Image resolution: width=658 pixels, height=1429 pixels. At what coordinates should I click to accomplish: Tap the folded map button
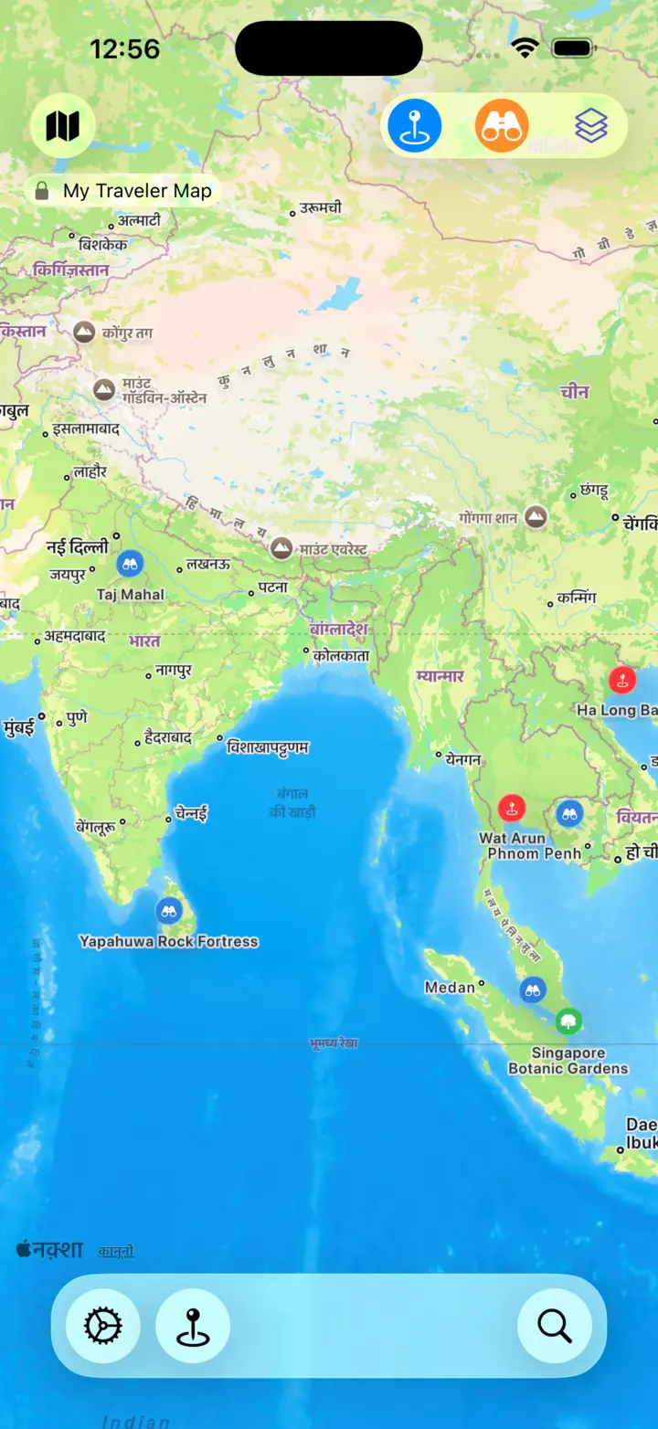(x=62, y=126)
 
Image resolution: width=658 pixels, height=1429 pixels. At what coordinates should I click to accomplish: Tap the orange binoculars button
(x=502, y=126)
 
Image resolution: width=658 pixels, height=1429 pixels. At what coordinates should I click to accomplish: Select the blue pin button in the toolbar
(x=415, y=126)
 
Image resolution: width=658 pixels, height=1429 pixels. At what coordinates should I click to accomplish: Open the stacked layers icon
(x=591, y=126)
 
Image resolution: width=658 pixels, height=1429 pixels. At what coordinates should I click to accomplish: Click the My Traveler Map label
(x=137, y=191)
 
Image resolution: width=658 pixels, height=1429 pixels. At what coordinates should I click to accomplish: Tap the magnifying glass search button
(x=555, y=1325)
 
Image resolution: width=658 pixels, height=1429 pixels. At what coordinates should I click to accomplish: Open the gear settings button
(x=103, y=1325)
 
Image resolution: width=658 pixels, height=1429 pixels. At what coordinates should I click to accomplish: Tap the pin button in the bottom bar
(x=193, y=1325)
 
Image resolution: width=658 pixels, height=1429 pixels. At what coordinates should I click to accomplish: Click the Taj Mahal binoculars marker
(x=131, y=564)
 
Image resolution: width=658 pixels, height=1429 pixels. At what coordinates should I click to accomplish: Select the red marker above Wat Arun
(x=512, y=808)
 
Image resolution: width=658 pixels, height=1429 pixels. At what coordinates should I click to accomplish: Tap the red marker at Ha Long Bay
(x=622, y=680)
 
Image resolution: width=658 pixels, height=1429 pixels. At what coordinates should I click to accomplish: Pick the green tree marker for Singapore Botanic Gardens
(x=568, y=1021)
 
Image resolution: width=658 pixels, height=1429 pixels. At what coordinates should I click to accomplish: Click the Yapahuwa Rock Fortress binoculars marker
(x=168, y=910)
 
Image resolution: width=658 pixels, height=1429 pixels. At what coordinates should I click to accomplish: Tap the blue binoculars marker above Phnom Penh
(x=569, y=813)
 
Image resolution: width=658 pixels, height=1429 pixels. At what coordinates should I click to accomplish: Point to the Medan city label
(x=451, y=987)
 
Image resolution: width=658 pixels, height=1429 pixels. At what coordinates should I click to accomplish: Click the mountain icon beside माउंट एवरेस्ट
(x=281, y=548)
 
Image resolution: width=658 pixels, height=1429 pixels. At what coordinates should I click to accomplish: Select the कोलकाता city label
(x=340, y=655)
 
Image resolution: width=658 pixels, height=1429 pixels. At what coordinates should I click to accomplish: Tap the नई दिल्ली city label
(x=78, y=546)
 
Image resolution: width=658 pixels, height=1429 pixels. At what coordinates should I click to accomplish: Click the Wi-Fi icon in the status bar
(x=525, y=48)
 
